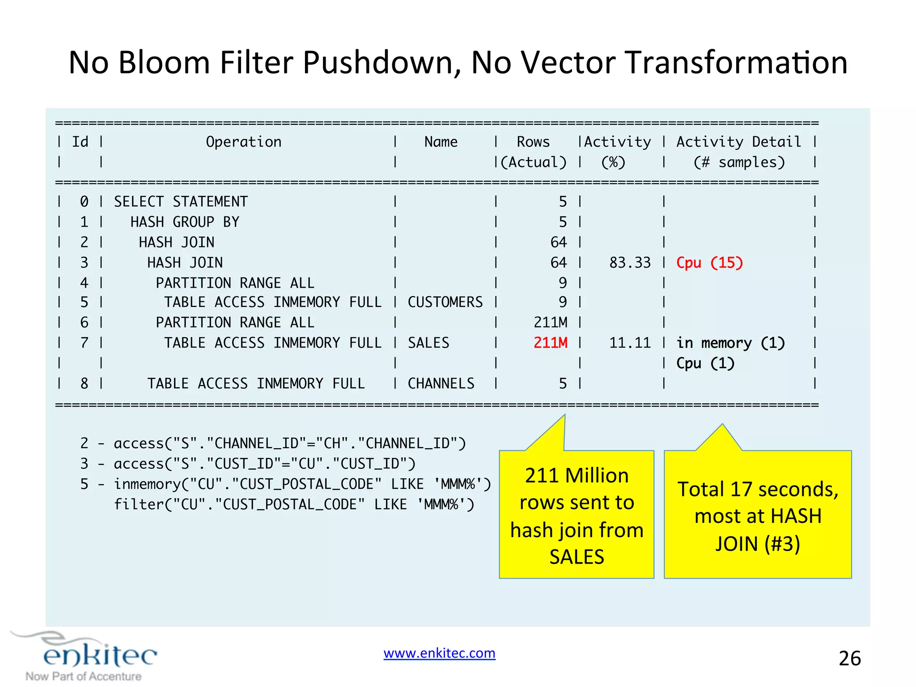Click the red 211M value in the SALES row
point(550,343)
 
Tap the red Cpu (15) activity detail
point(709,263)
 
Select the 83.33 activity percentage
point(630,263)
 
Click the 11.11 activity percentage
point(630,343)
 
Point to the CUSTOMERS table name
point(445,302)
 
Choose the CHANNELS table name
point(441,383)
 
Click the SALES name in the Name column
point(428,343)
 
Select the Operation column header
point(244,142)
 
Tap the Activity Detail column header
point(738,142)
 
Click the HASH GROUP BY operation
point(185,222)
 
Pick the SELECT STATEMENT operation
point(181,202)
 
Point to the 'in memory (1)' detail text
point(730,343)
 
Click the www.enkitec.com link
point(439,653)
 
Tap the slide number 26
point(849,658)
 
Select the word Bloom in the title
point(164,63)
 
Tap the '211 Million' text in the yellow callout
point(577,475)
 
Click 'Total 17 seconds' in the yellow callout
point(757,489)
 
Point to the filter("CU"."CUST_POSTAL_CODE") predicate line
point(294,505)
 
